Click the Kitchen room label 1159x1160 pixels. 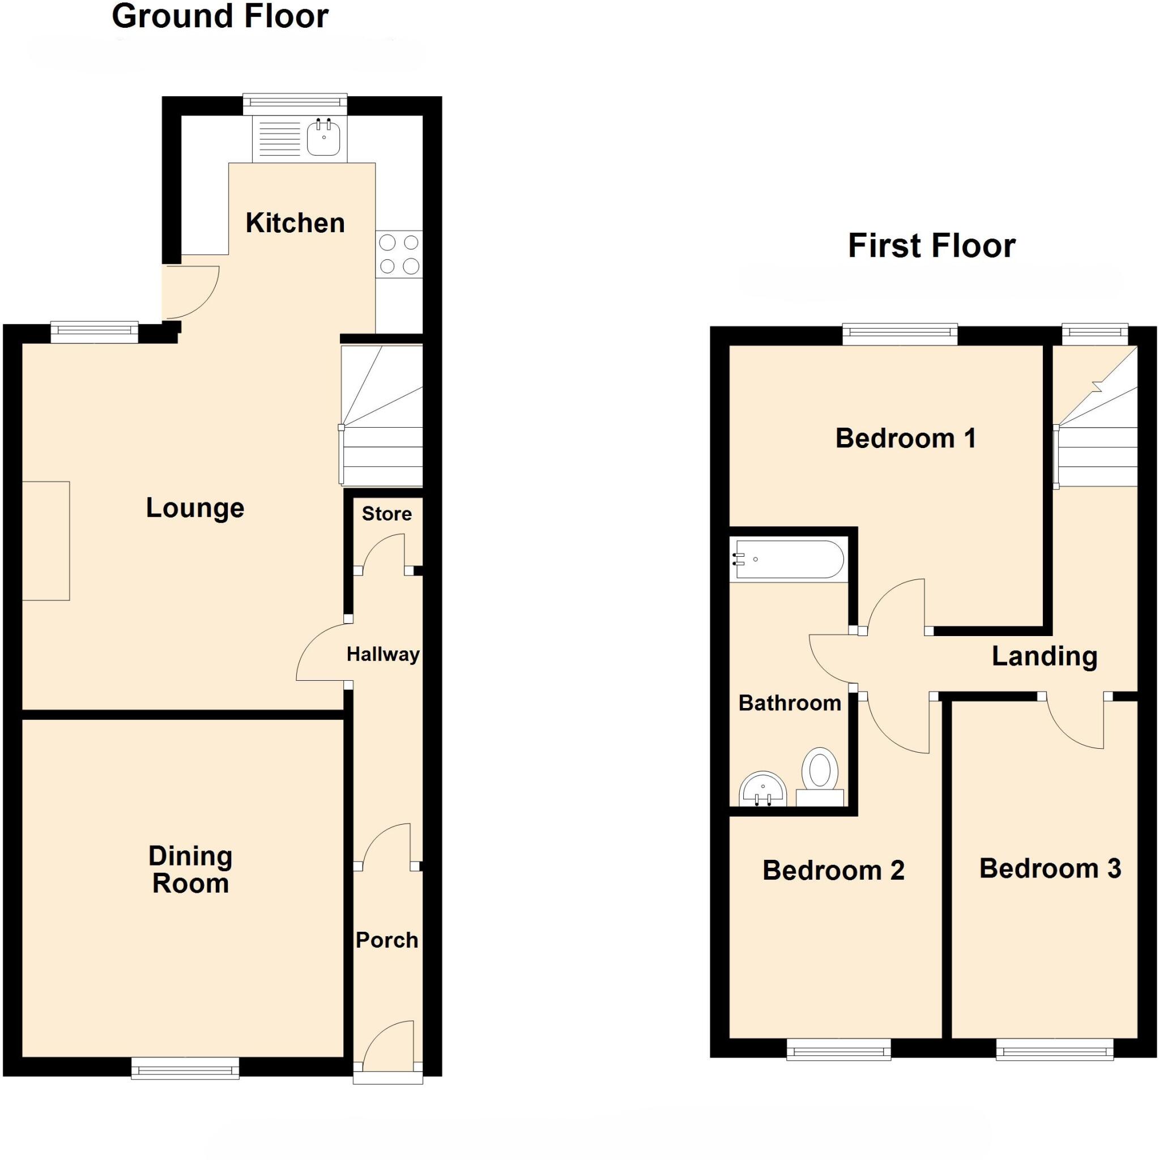(x=295, y=223)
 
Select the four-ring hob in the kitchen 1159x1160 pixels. (x=399, y=254)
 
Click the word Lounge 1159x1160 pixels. (x=195, y=508)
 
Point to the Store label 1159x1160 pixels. (x=387, y=514)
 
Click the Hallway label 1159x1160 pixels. (x=382, y=654)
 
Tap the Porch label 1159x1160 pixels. (x=387, y=940)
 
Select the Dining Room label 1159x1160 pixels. (x=190, y=870)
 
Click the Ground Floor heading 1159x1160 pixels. (x=220, y=16)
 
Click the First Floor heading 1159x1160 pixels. (x=931, y=246)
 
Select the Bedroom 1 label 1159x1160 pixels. (x=906, y=438)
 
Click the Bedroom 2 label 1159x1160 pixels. (x=833, y=871)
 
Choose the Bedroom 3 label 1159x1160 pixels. (x=1050, y=869)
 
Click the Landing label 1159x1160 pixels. (x=1045, y=656)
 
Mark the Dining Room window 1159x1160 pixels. (x=185, y=1069)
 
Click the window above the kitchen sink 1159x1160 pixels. (x=295, y=103)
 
